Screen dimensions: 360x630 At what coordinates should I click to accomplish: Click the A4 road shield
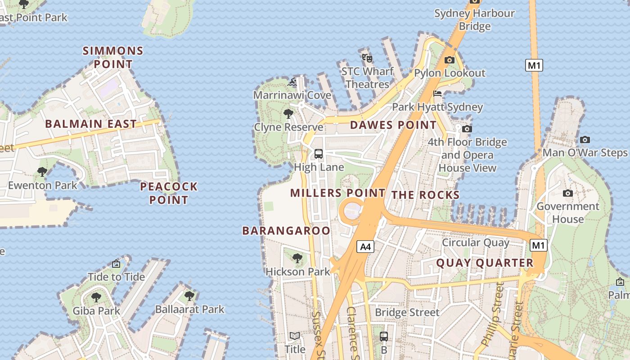point(366,247)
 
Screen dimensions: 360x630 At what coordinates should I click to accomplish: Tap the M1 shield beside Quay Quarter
point(539,245)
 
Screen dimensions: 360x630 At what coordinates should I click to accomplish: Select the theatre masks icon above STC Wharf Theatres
point(367,58)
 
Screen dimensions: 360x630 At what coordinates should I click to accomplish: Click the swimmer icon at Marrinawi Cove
point(292,82)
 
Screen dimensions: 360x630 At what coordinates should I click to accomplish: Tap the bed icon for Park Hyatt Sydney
point(437,94)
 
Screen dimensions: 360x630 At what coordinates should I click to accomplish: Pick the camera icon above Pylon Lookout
point(449,60)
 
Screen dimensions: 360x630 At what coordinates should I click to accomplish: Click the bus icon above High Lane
point(319,154)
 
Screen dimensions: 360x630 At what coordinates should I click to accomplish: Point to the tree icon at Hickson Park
point(297,258)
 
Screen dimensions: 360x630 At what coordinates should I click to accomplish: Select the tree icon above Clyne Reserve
point(288,114)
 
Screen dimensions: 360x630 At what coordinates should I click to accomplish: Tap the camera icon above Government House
point(568,193)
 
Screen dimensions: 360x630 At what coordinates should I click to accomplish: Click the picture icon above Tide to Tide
point(116,264)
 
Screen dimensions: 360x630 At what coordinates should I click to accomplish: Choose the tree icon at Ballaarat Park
point(189,296)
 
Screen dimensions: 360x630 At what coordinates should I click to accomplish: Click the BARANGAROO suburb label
point(286,231)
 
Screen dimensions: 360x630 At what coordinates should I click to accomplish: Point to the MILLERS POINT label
point(337,193)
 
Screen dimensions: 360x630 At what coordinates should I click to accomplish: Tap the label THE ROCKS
point(425,195)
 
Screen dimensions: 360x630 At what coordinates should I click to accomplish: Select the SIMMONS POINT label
point(113,57)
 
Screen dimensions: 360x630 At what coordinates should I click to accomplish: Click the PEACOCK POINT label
point(169,193)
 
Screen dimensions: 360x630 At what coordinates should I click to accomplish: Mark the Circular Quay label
point(476,243)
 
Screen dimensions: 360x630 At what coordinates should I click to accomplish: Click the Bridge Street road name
point(407,312)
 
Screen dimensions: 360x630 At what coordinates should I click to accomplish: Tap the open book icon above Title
point(295,336)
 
